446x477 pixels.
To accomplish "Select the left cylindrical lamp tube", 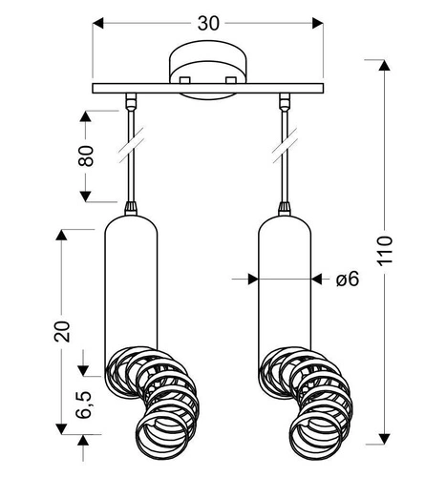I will pyautogui.click(x=129, y=286).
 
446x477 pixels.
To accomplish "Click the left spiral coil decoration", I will pyautogui.click(x=153, y=401).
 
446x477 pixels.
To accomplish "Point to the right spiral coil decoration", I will pyautogui.click(x=308, y=401).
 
